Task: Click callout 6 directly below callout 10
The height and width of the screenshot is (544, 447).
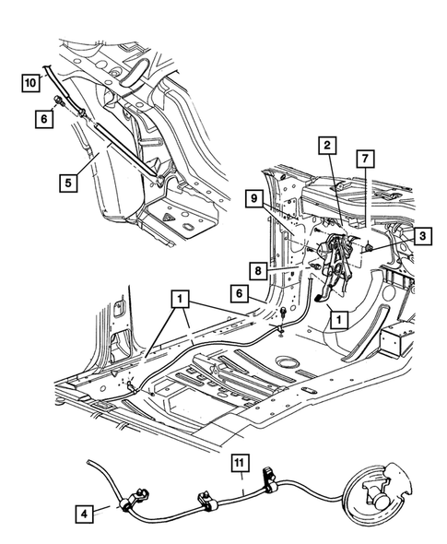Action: (x=43, y=120)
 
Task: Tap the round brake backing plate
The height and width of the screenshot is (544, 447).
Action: (x=374, y=493)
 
